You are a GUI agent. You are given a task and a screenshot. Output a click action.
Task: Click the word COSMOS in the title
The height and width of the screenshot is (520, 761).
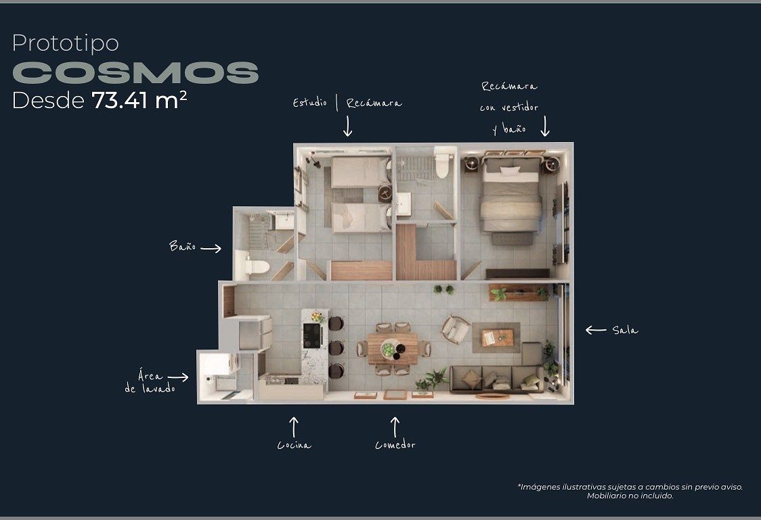pos(135,73)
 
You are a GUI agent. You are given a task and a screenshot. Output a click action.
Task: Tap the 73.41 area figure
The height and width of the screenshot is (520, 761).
pos(119,101)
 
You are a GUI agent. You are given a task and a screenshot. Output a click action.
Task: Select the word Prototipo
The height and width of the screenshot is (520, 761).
pos(66,43)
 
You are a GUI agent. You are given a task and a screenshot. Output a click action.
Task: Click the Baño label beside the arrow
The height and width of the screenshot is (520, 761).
pos(183,246)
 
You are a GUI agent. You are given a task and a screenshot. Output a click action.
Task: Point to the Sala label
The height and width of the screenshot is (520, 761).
pos(625,331)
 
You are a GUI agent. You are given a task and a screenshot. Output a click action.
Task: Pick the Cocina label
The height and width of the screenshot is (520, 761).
pos(294,445)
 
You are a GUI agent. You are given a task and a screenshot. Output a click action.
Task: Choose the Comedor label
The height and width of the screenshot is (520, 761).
pos(395,444)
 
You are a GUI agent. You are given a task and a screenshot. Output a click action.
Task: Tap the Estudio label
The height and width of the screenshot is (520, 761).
pos(309,103)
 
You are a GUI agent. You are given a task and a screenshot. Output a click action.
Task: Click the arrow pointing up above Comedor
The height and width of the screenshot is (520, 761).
pos(395,427)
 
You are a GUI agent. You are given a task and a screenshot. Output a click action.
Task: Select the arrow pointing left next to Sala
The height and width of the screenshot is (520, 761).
pos(596,331)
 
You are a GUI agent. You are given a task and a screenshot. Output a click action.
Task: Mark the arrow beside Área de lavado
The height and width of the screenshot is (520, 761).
pos(178,377)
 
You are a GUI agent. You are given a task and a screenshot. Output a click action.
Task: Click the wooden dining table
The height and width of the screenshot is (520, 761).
pos(393,348)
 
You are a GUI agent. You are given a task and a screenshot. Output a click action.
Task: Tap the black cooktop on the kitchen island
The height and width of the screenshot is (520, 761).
pos(311,335)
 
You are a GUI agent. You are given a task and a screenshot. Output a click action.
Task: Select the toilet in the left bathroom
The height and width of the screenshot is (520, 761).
pos(256,266)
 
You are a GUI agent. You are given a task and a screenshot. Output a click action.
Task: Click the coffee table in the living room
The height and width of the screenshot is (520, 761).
pos(497,337)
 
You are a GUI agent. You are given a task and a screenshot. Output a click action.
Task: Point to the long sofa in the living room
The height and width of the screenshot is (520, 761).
pos(495,379)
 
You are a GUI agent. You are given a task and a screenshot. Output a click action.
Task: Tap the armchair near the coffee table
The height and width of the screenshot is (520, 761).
pos(455,329)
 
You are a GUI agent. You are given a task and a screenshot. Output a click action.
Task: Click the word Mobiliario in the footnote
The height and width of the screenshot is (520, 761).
pos(606,496)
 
